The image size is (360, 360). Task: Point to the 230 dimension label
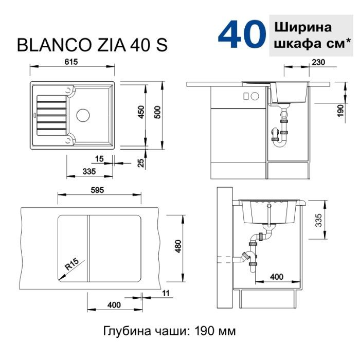coord(318,62)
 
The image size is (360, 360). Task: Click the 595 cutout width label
coord(97,191)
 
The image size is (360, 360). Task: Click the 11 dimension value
coord(165,293)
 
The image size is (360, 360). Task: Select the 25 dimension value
coord(141,163)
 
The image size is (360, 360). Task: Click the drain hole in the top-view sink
coord(82,114)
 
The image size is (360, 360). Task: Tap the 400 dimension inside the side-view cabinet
coord(276,277)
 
